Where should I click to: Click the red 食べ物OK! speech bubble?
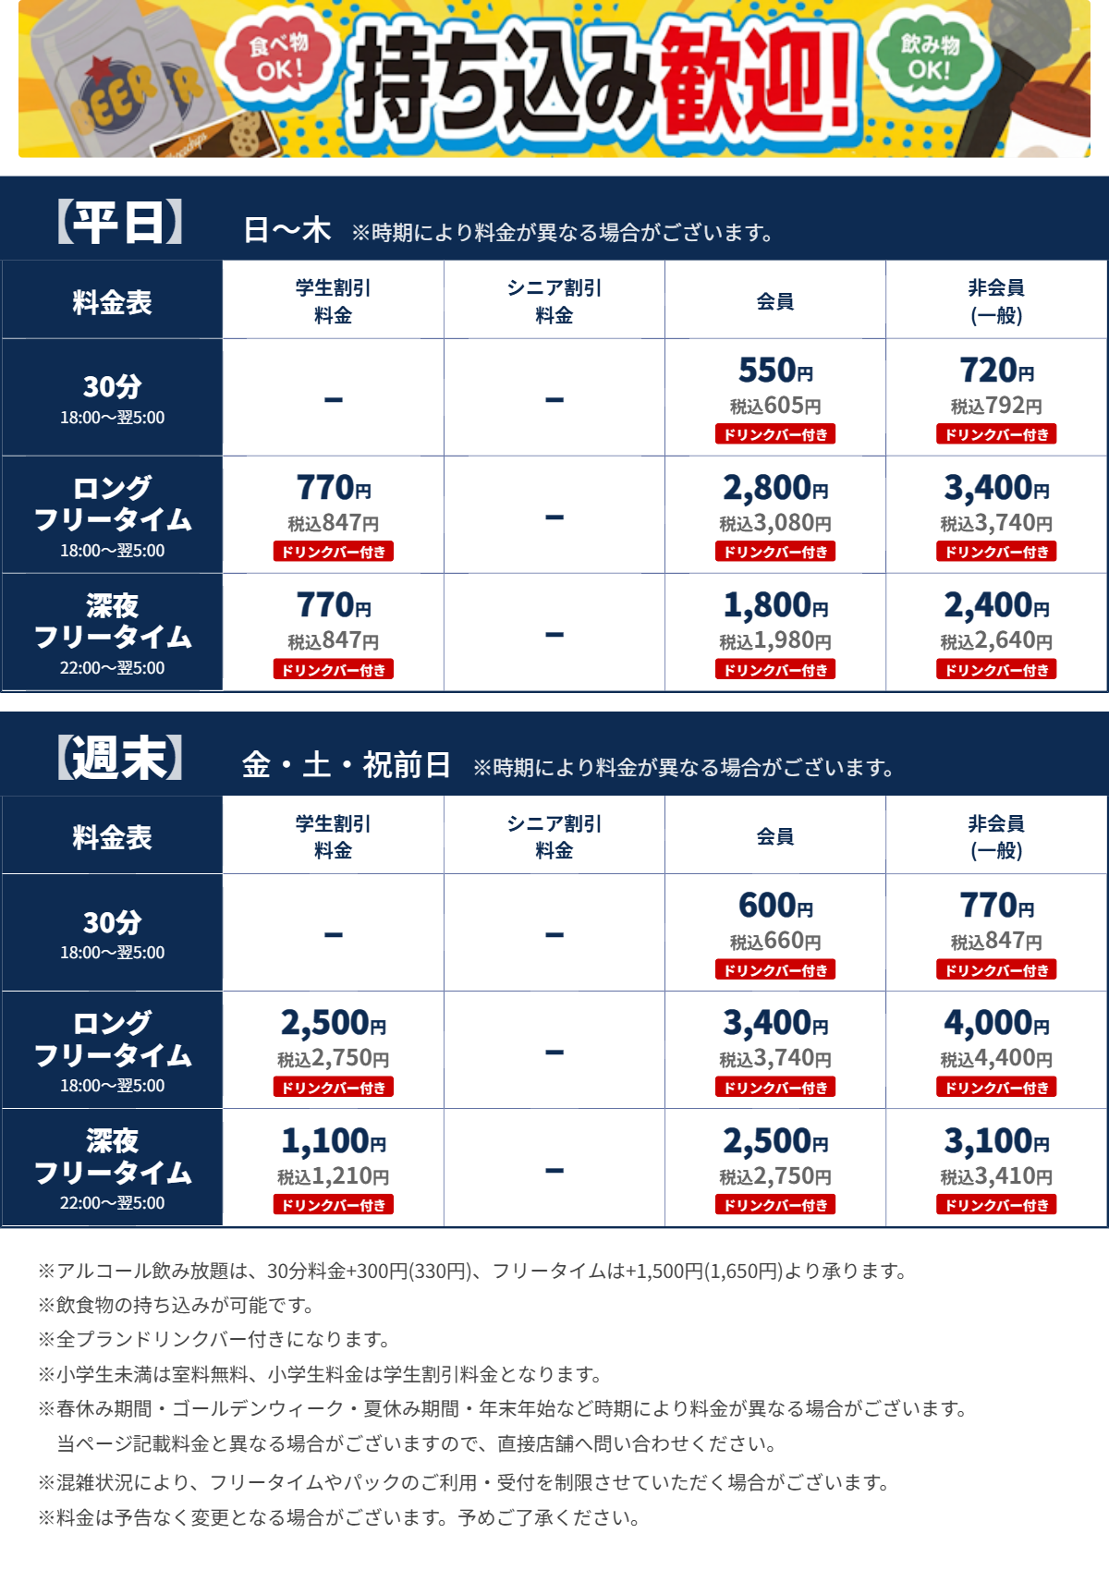pyautogui.click(x=277, y=57)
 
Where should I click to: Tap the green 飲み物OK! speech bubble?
pyautogui.click(x=930, y=57)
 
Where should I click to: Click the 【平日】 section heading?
pyautogui.click(x=120, y=223)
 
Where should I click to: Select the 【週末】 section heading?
pyautogui.click(x=120, y=759)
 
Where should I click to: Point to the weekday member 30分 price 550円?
pyautogui.click(x=775, y=371)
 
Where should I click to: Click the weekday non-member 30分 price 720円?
pyautogui.click(x=996, y=371)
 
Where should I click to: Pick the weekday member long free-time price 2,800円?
pyautogui.click(x=775, y=488)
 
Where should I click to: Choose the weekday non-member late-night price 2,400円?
pyautogui.click(x=996, y=605)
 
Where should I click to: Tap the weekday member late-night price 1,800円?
pyautogui.click(x=775, y=605)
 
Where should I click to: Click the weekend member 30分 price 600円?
pyautogui.click(x=775, y=906)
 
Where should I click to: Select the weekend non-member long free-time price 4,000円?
pyautogui.click(x=996, y=1023)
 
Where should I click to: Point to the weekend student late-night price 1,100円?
pyautogui.click(x=334, y=1141)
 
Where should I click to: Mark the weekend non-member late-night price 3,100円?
pyautogui.click(x=996, y=1141)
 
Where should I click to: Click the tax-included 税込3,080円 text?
pyautogui.click(x=775, y=524)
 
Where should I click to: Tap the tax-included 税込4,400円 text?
pyautogui.click(x=996, y=1059)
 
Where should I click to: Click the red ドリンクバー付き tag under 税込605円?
pyautogui.click(x=775, y=434)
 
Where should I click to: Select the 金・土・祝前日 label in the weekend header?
pyautogui.click(x=347, y=765)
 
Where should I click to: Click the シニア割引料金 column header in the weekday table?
pyautogui.click(x=554, y=301)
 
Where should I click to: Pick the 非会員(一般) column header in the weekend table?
pyautogui.click(x=996, y=836)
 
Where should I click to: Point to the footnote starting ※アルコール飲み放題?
pyautogui.click(x=471, y=1272)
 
